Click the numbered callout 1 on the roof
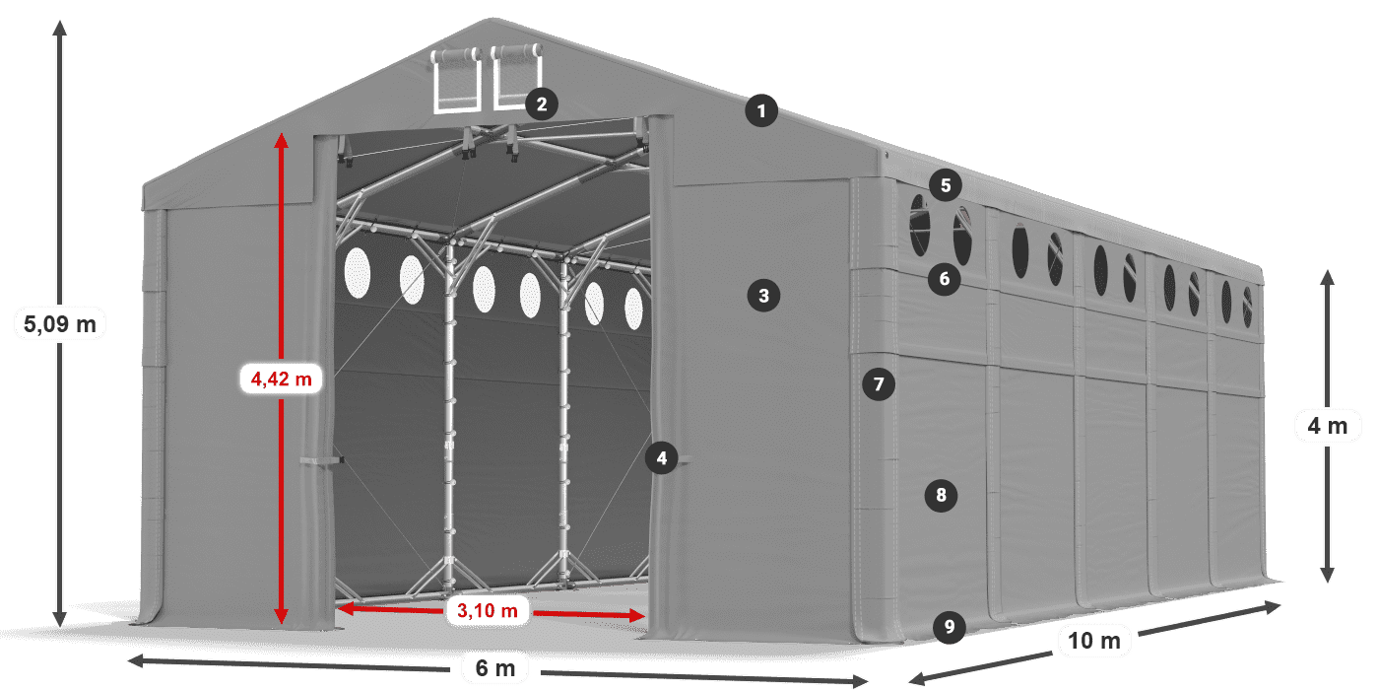click(x=760, y=111)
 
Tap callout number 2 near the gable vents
click(x=542, y=103)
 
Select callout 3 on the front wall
click(x=763, y=294)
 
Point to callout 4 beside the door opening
click(x=662, y=457)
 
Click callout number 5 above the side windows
click(x=945, y=184)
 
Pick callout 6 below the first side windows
click(x=944, y=279)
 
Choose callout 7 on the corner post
click(x=879, y=382)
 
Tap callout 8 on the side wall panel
click(x=941, y=495)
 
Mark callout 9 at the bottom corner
click(x=948, y=626)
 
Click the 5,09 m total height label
click(x=59, y=322)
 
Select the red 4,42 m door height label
click(x=281, y=378)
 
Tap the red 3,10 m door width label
click(x=488, y=611)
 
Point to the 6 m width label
click(x=494, y=668)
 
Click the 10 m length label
click(x=1093, y=642)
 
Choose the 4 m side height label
click(x=1327, y=427)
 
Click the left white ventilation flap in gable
click(x=455, y=79)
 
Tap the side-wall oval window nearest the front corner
click(x=919, y=226)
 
